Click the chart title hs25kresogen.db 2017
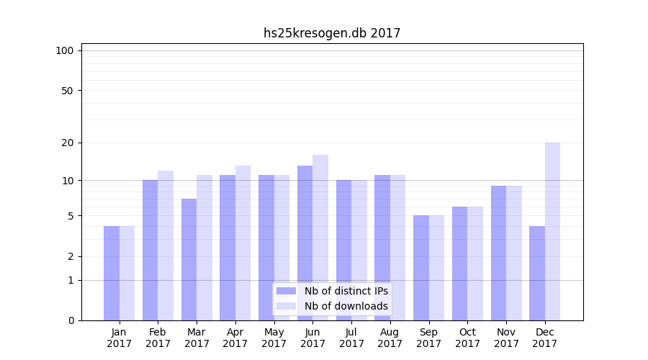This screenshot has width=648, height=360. click(x=332, y=33)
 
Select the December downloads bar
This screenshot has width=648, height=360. click(x=552, y=231)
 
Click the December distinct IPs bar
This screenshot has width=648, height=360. click(x=537, y=273)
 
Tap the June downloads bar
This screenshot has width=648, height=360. click(x=320, y=238)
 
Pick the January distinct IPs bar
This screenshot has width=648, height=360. click(x=112, y=273)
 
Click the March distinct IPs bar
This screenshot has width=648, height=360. click(x=189, y=259)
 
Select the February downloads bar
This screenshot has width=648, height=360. click(x=166, y=246)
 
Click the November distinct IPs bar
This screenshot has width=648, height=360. click(x=498, y=253)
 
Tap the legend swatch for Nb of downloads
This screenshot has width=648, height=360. click(x=286, y=306)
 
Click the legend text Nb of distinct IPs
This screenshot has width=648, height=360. click(x=346, y=291)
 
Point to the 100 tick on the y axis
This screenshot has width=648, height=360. click(x=65, y=50)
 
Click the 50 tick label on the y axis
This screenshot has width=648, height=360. click(x=68, y=91)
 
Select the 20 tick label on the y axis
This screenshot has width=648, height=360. click(x=68, y=143)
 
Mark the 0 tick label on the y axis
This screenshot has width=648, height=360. click(x=71, y=320)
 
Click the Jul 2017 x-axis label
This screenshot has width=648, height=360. click(x=351, y=338)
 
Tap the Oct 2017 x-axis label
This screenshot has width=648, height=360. click(x=467, y=338)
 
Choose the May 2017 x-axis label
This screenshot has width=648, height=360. click(x=274, y=338)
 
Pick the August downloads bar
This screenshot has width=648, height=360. click(x=397, y=248)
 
